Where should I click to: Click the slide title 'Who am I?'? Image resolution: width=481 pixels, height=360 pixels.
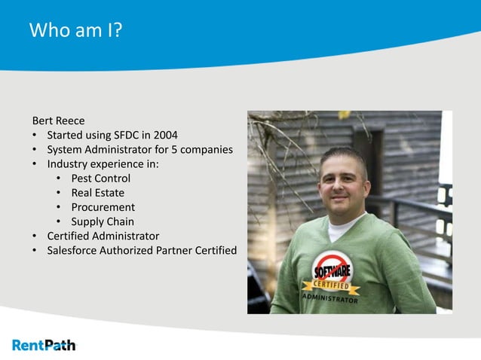coord(76,32)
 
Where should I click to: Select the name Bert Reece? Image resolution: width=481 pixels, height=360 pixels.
coord(58,121)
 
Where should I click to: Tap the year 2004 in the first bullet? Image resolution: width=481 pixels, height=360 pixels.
coord(164,135)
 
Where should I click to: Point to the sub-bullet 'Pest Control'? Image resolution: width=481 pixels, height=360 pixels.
coord(100,178)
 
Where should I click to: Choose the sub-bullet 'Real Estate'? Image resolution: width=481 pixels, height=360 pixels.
coord(97,193)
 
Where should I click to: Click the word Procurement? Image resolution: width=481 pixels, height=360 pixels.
coord(103,207)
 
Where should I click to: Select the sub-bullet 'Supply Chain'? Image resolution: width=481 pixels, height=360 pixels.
coord(102,221)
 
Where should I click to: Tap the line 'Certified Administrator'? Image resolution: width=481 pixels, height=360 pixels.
coord(103,236)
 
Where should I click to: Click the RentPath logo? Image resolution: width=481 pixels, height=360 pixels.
coord(44,345)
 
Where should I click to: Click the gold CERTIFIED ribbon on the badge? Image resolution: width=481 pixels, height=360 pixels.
coord(331,287)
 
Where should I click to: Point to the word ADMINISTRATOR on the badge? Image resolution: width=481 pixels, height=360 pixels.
coord(331,299)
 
